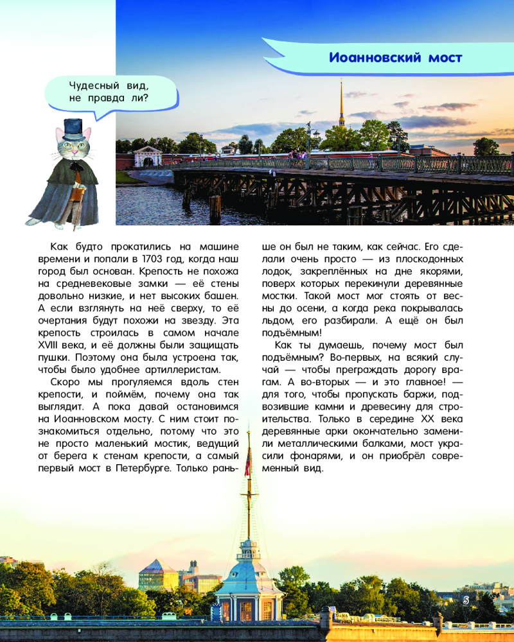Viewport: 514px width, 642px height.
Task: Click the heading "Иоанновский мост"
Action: [396, 57]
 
